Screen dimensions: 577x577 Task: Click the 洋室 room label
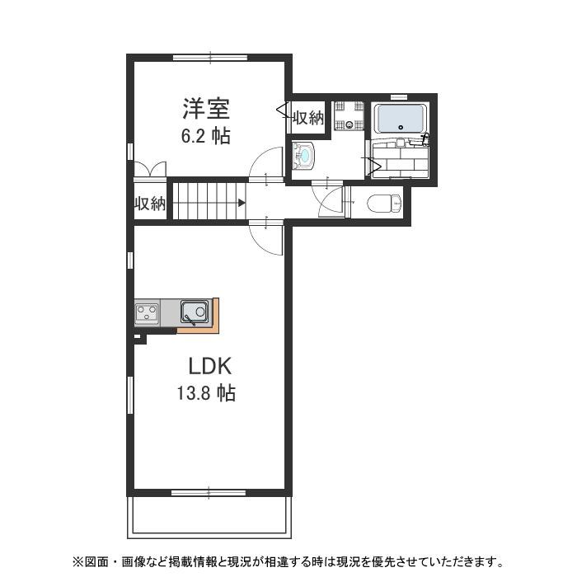pyautogui.click(x=206, y=108)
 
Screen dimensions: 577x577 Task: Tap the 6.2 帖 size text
pyautogui.click(x=206, y=136)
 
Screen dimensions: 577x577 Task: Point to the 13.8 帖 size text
pyautogui.click(x=205, y=393)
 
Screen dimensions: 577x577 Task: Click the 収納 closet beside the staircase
pyautogui.click(x=151, y=204)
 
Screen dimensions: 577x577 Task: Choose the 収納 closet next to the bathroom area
pyautogui.click(x=308, y=118)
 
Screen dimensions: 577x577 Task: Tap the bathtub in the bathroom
pyautogui.click(x=400, y=120)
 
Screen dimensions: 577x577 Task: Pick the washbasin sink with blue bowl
pyautogui.click(x=304, y=155)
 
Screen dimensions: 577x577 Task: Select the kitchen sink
pyautogui.click(x=195, y=312)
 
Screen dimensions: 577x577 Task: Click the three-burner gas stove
pyautogui.click(x=148, y=312)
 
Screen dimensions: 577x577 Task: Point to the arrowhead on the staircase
pyautogui.click(x=242, y=202)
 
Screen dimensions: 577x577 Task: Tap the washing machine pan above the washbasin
pyautogui.click(x=348, y=116)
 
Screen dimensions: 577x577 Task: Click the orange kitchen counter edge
pyautogui.click(x=213, y=317)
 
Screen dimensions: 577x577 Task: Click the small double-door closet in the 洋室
pyautogui.click(x=149, y=169)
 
